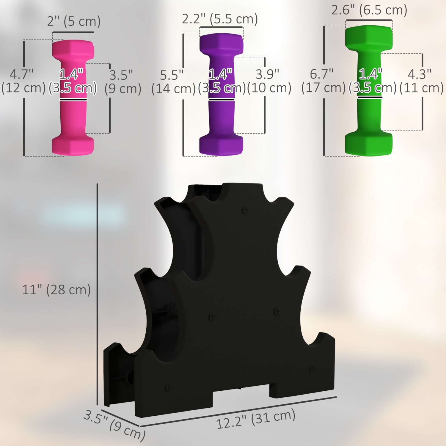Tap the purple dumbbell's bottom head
(221, 145)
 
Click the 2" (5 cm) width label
(74, 21)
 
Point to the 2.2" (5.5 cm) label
(220, 19)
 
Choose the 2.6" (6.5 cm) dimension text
(369, 10)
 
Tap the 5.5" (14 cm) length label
(173, 82)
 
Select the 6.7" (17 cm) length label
(323, 81)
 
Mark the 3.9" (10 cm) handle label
(269, 81)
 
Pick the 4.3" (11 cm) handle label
(421, 81)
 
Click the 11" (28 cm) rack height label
(56, 290)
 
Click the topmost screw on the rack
(245, 211)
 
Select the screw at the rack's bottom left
(168, 387)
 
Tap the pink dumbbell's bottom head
(73, 146)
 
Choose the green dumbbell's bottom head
(369, 144)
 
